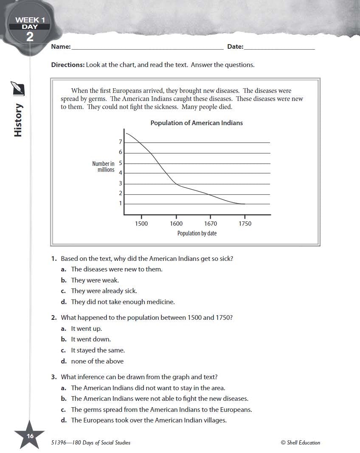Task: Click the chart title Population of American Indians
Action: coord(197,123)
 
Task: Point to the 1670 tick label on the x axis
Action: coord(211,224)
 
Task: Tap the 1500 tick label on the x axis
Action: coord(141,224)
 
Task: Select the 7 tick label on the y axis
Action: coord(121,142)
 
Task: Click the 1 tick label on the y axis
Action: coord(121,204)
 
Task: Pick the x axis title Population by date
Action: coord(197,233)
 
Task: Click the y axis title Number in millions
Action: coord(104,167)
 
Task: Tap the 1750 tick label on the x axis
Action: coord(245,224)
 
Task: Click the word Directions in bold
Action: coord(67,65)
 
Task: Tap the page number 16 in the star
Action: coord(30,436)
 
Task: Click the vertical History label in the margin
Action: coord(18,120)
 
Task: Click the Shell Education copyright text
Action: coord(300,443)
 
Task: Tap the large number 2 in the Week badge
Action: coord(30,37)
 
